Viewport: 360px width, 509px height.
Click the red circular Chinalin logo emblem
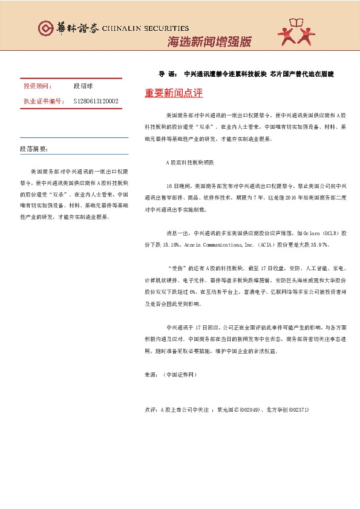(45, 28)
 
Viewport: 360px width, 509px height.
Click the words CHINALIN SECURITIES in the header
(145, 28)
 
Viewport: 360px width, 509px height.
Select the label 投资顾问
(38, 86)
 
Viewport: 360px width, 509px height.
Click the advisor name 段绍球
(83, 86)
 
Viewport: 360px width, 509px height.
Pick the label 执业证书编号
(44, 101)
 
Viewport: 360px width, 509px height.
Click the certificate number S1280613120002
(96, 101)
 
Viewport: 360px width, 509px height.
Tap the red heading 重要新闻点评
(174, 94)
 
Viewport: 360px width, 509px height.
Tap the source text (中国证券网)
(180, 375)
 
